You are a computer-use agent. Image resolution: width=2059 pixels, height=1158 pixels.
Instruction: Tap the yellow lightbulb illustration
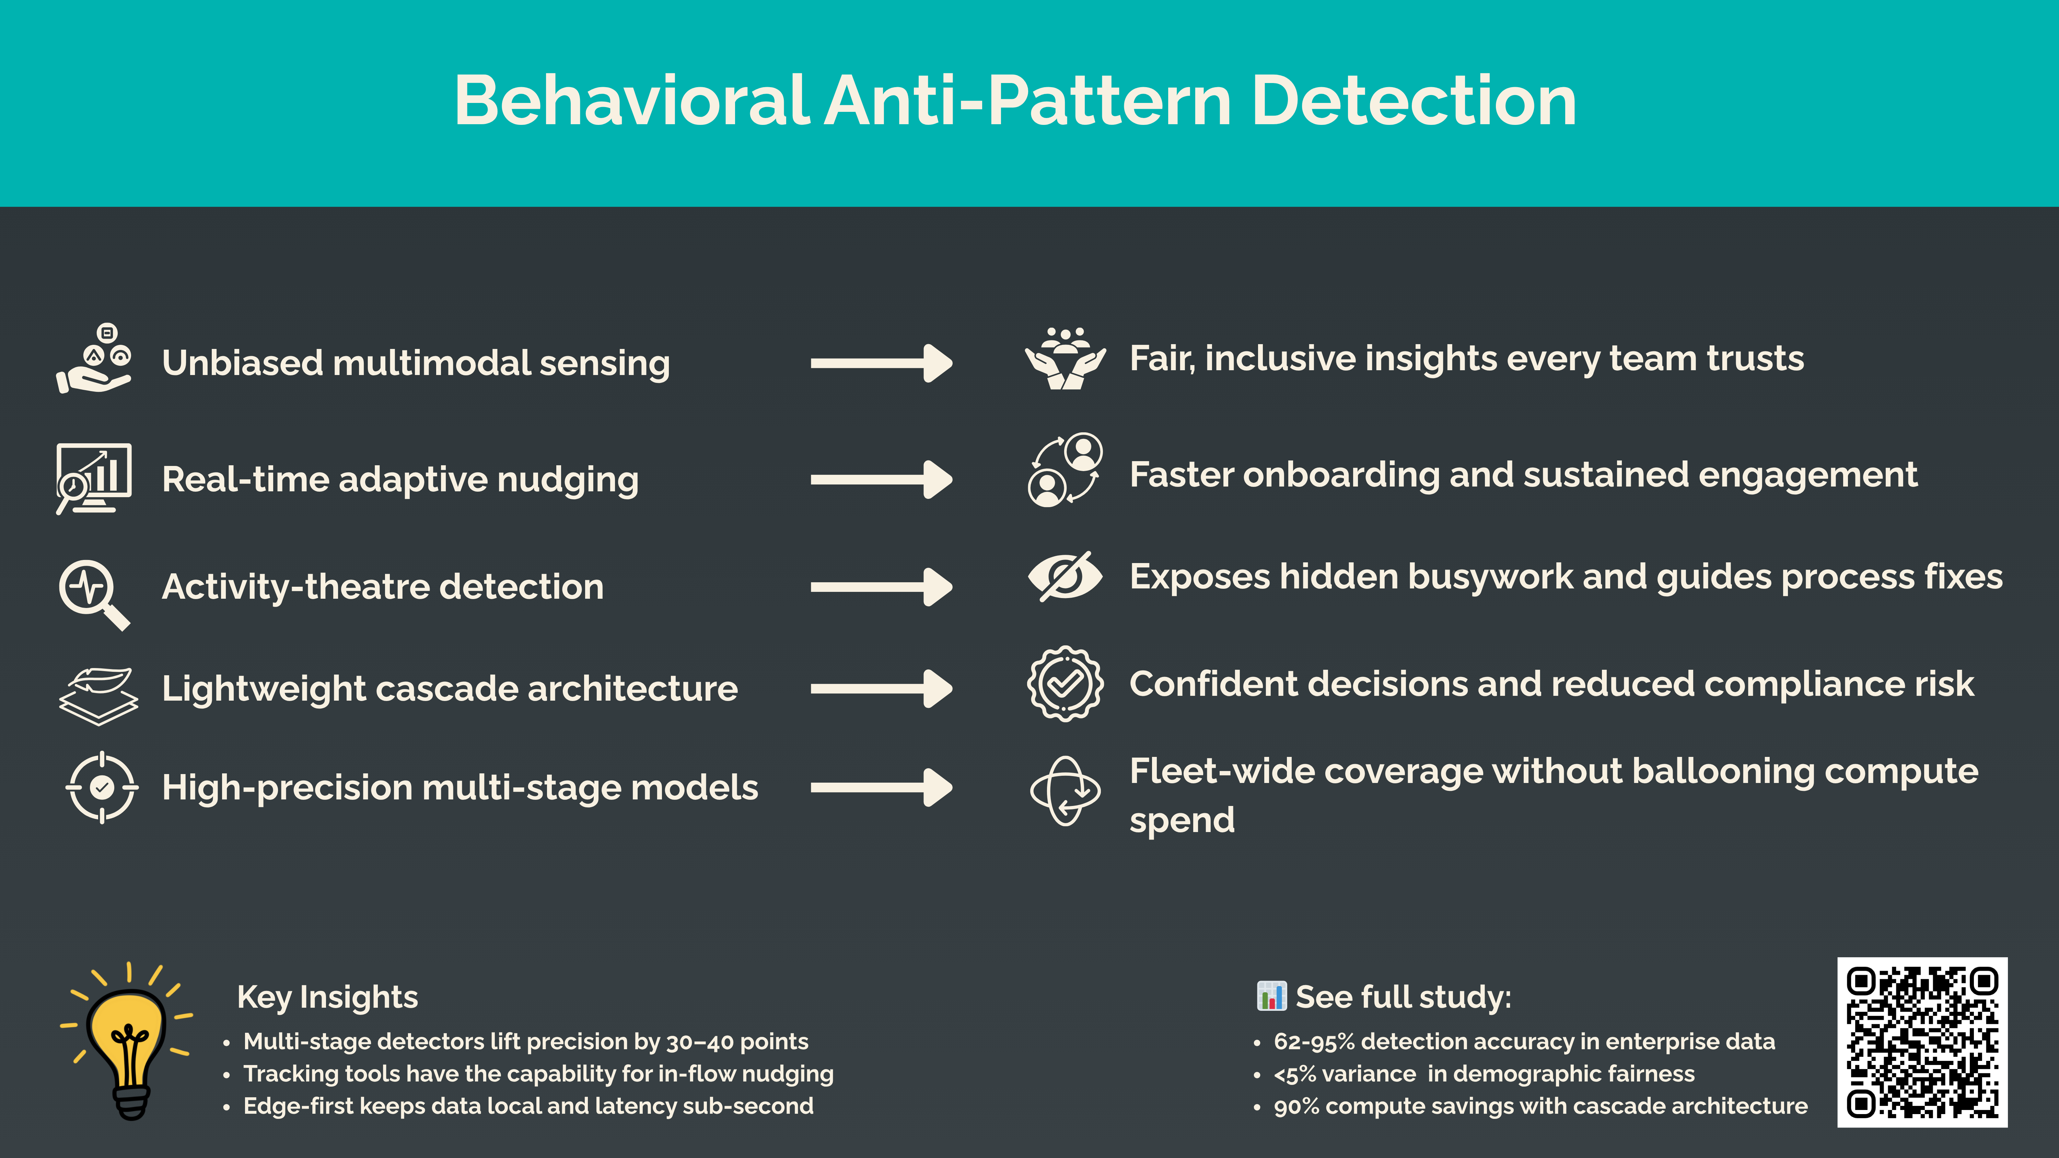point(128,1039)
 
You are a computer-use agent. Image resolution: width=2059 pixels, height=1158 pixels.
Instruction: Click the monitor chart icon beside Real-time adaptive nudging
point(94,478)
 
